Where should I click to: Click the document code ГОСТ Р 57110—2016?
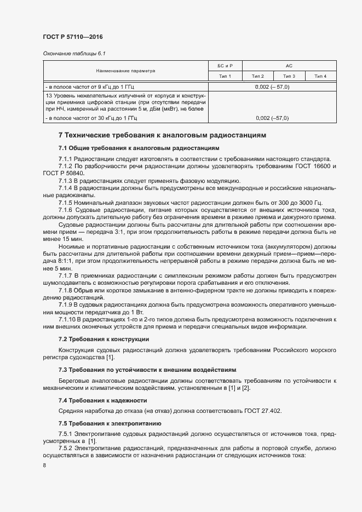pos(72,37)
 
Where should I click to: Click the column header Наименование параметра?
pos(125,71)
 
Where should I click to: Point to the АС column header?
pos(289,66)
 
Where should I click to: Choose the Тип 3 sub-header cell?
pos(289,76)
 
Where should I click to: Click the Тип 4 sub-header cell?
pos(320,76)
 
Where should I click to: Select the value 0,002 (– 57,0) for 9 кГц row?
pos(272,87)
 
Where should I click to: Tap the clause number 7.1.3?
pos(66,181)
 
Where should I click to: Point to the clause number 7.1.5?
pos(66,202)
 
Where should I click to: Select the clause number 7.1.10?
pos(67,319)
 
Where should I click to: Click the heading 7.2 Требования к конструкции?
pos(104,340)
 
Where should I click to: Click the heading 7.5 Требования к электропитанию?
pos(110,424)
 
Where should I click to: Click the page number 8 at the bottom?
pos(44,465)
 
